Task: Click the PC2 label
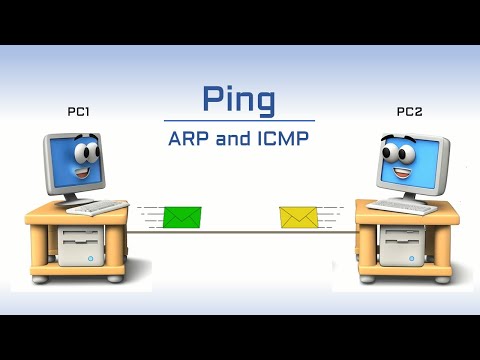point(409,113)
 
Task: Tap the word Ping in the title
point(239,99)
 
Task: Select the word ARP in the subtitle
point(187,138)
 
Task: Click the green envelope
point(182,217)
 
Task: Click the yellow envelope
point(298,216)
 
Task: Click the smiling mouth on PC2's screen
point(402,172)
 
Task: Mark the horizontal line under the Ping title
point(239,121)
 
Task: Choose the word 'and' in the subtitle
point(228,138)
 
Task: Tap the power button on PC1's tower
point(90,258)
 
